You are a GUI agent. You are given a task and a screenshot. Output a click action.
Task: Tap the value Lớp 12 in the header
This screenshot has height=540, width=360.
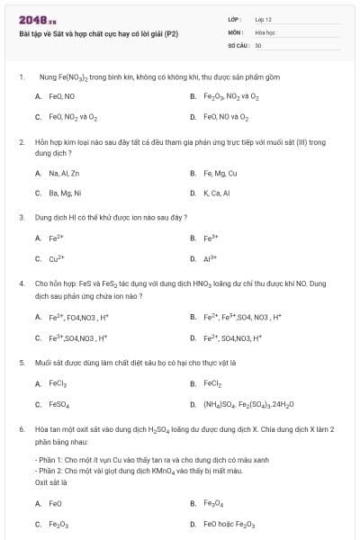pos(264,19)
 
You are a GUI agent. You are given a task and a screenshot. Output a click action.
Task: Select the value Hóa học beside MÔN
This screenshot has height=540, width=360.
pos(264,31)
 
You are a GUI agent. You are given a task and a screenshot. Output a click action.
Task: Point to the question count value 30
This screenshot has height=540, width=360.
pos(258,44)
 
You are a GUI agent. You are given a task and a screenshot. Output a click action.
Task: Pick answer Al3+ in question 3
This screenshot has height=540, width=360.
pos(211,259)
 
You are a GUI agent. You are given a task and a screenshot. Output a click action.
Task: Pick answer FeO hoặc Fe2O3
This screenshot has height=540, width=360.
pos(229,524)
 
